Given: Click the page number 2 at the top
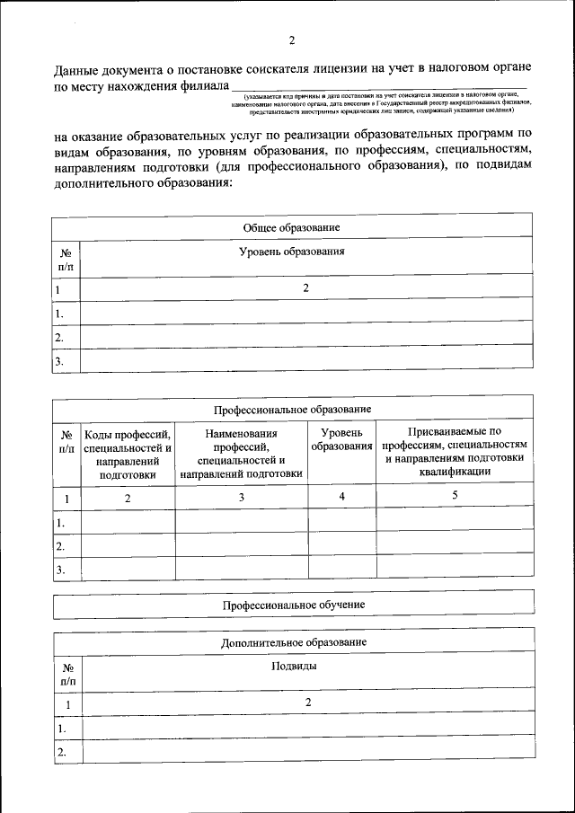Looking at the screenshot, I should [292, 40].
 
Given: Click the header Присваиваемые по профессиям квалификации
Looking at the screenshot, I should [454, 453].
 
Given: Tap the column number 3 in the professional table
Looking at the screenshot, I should [241, 497].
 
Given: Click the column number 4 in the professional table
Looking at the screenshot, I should [341, 496].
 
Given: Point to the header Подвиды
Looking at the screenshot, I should [306, 667].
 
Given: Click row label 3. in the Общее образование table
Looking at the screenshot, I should [59, 361].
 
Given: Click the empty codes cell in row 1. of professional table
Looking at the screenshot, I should [127, 521].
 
